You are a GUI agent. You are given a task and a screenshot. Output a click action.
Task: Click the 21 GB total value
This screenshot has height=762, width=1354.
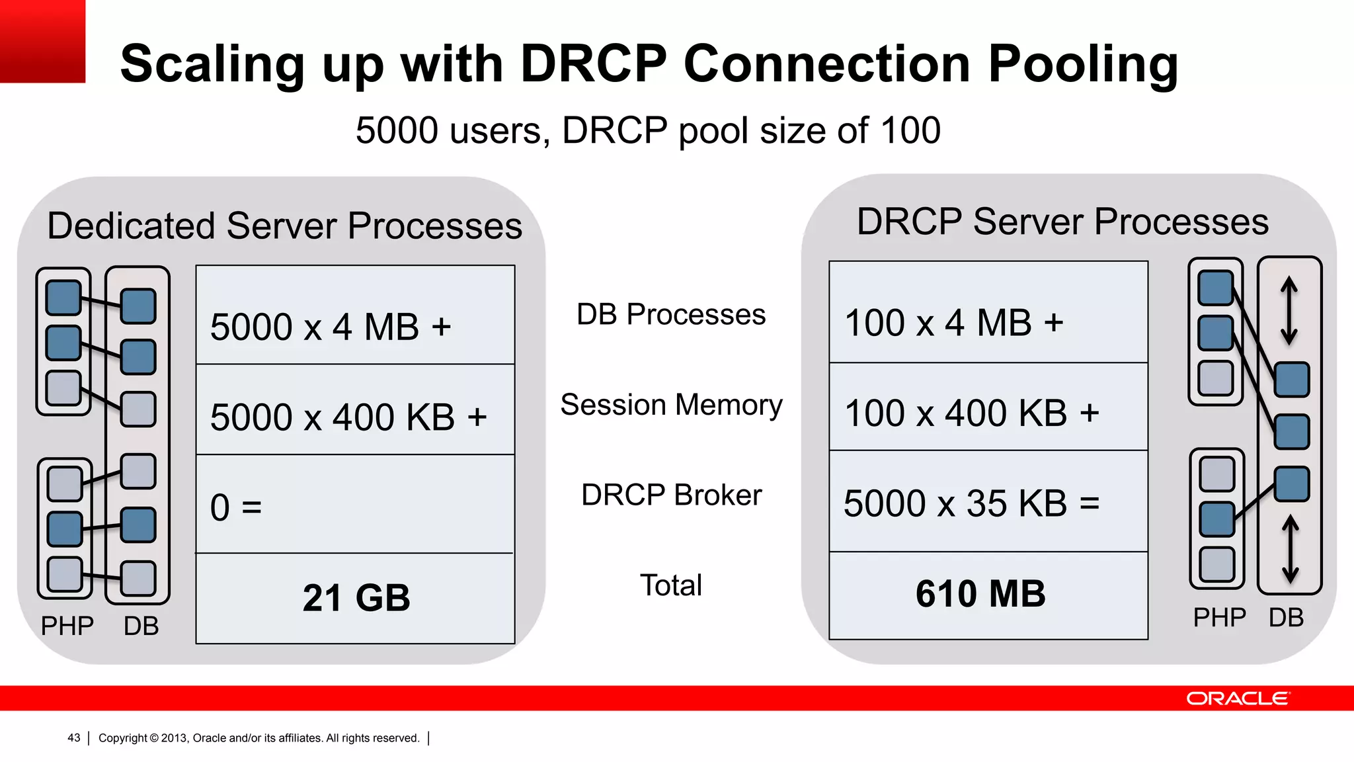(356, 598)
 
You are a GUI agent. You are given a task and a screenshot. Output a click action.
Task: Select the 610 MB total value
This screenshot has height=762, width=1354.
(980, 594)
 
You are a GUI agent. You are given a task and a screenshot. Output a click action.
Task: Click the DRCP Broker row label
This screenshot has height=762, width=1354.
(671, 495)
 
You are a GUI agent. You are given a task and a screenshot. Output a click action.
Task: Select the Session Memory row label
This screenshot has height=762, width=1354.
(671, 405)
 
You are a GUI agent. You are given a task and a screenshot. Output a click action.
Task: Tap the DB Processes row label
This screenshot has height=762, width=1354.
(671, 314)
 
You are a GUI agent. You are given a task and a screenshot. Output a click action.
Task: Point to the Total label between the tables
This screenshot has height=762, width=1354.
(671, 585)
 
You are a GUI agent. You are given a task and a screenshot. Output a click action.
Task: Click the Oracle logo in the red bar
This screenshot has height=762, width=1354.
(1237, 698)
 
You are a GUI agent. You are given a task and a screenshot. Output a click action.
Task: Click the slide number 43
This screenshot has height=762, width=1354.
(73, 738)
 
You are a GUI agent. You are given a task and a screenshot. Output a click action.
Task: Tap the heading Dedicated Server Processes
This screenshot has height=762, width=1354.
(284, 226)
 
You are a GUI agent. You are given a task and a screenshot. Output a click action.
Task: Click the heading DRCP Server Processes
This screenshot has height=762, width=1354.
(1062, 222)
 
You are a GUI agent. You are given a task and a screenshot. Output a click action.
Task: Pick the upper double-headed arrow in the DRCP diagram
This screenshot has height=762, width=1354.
(1289, 311)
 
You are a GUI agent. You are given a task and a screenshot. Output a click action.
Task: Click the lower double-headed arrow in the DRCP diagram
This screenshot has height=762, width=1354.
(1291, 550)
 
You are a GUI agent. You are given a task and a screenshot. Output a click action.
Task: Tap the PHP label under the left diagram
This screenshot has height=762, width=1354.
(67, 626)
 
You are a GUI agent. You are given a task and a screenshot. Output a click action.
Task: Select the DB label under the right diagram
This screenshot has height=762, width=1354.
(1286, 618)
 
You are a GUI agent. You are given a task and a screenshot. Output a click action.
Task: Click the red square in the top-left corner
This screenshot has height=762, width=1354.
(42, 41)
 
